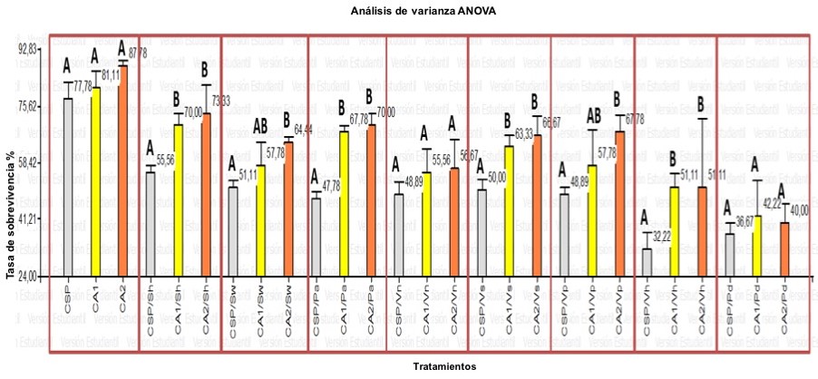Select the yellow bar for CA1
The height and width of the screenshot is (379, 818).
94,180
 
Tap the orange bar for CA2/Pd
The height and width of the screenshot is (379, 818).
784,248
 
